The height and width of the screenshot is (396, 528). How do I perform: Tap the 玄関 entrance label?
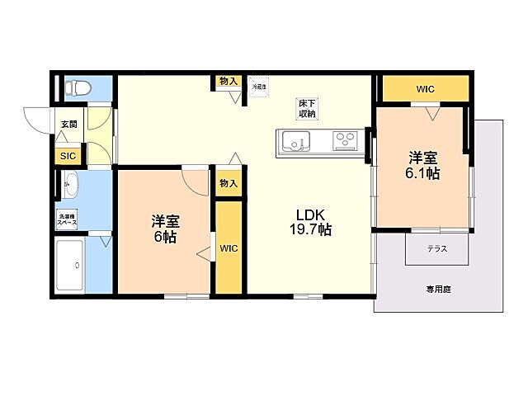68,125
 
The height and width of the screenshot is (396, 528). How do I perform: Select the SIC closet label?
66,155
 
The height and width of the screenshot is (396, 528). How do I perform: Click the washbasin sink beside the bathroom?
68,186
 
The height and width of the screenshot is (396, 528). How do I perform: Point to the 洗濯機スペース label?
67,220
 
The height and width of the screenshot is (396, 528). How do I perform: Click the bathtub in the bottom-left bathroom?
72,265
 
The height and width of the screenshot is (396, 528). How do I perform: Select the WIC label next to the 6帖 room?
229,246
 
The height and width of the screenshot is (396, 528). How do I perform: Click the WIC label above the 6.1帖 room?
425,89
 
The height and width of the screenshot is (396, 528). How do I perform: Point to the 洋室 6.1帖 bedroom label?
422,165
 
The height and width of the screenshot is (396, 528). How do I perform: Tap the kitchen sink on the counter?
295,142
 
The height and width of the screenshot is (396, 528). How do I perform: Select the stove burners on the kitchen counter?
344,142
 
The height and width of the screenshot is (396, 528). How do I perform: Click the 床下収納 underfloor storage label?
308,108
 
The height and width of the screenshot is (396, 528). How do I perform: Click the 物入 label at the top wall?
229,81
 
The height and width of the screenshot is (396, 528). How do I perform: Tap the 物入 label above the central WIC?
229,184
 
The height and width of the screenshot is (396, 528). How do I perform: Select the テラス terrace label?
437,248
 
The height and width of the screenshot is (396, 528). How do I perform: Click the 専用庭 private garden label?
437,290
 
